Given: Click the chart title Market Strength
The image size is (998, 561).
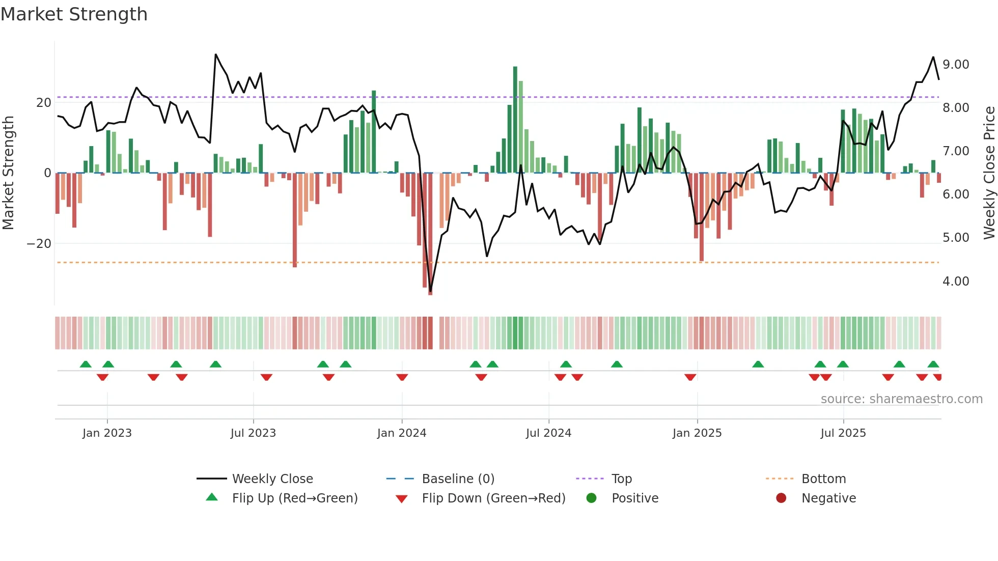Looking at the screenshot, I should coord(74,14).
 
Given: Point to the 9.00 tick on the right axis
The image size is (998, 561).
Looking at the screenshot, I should coord(955,65).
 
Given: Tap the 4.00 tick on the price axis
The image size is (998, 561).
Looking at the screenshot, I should coord(955,281).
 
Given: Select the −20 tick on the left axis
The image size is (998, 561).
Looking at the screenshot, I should coord(39,243).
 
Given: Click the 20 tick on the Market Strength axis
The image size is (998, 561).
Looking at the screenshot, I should coord(44,102).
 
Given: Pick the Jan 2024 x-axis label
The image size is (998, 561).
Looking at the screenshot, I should coord(401,433).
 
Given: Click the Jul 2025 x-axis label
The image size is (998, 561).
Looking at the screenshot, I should coord(843,433).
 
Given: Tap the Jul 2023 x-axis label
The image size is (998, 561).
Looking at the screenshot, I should coord(253,433).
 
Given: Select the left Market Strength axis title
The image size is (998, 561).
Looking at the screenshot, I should coord(8,173).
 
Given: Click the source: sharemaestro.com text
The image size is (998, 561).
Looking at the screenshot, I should coord(901,399).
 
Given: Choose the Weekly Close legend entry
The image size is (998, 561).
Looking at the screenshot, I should coord(272,479).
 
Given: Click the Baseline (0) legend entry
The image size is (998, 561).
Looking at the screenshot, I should coord(458,479).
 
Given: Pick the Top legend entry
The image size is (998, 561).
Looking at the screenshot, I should coord(621,479).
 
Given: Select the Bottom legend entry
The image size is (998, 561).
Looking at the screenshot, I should coord(823,479).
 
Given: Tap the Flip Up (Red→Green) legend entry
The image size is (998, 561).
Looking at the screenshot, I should coord(294,498).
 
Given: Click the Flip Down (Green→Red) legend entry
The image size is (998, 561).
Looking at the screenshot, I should coord(493,498).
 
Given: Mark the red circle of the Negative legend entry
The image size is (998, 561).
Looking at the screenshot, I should coord(781,498).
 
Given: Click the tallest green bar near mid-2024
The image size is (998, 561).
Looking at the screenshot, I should coord(515,120).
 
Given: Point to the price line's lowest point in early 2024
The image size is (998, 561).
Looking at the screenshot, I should coord(430,291).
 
